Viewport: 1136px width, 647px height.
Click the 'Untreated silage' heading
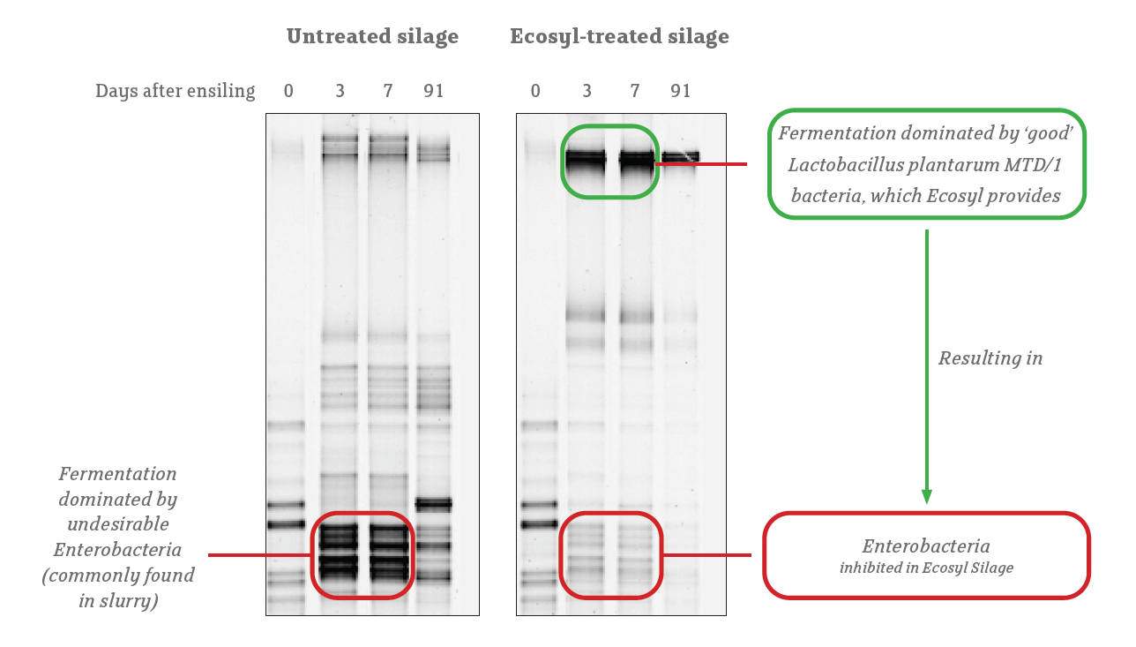(372, 36)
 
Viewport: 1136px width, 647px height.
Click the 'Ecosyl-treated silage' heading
(619, 37)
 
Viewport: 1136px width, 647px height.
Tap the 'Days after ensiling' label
(175, 91)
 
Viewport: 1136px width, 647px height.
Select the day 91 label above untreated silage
(434, 91)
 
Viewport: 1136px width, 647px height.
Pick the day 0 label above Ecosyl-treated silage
(535, 91)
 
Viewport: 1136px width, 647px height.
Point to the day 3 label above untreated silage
(340, 91)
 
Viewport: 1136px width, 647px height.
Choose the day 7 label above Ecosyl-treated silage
(634, 91)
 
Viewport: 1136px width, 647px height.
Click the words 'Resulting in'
(990, 358)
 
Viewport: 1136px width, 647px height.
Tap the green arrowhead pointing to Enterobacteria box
(927, 496)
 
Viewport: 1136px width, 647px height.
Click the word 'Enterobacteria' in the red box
(926, 546)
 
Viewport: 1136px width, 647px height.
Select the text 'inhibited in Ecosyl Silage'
(926, 568)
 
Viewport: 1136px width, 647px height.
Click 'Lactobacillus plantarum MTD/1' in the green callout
(924, 165)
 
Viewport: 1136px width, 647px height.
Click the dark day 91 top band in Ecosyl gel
(680, 157)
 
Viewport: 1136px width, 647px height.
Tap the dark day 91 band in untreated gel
(433, 504)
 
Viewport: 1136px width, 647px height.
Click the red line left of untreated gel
(260, 554)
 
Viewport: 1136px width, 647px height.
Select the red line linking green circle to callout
(701, 164)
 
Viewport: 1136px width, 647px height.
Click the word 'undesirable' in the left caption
(118, 524)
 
